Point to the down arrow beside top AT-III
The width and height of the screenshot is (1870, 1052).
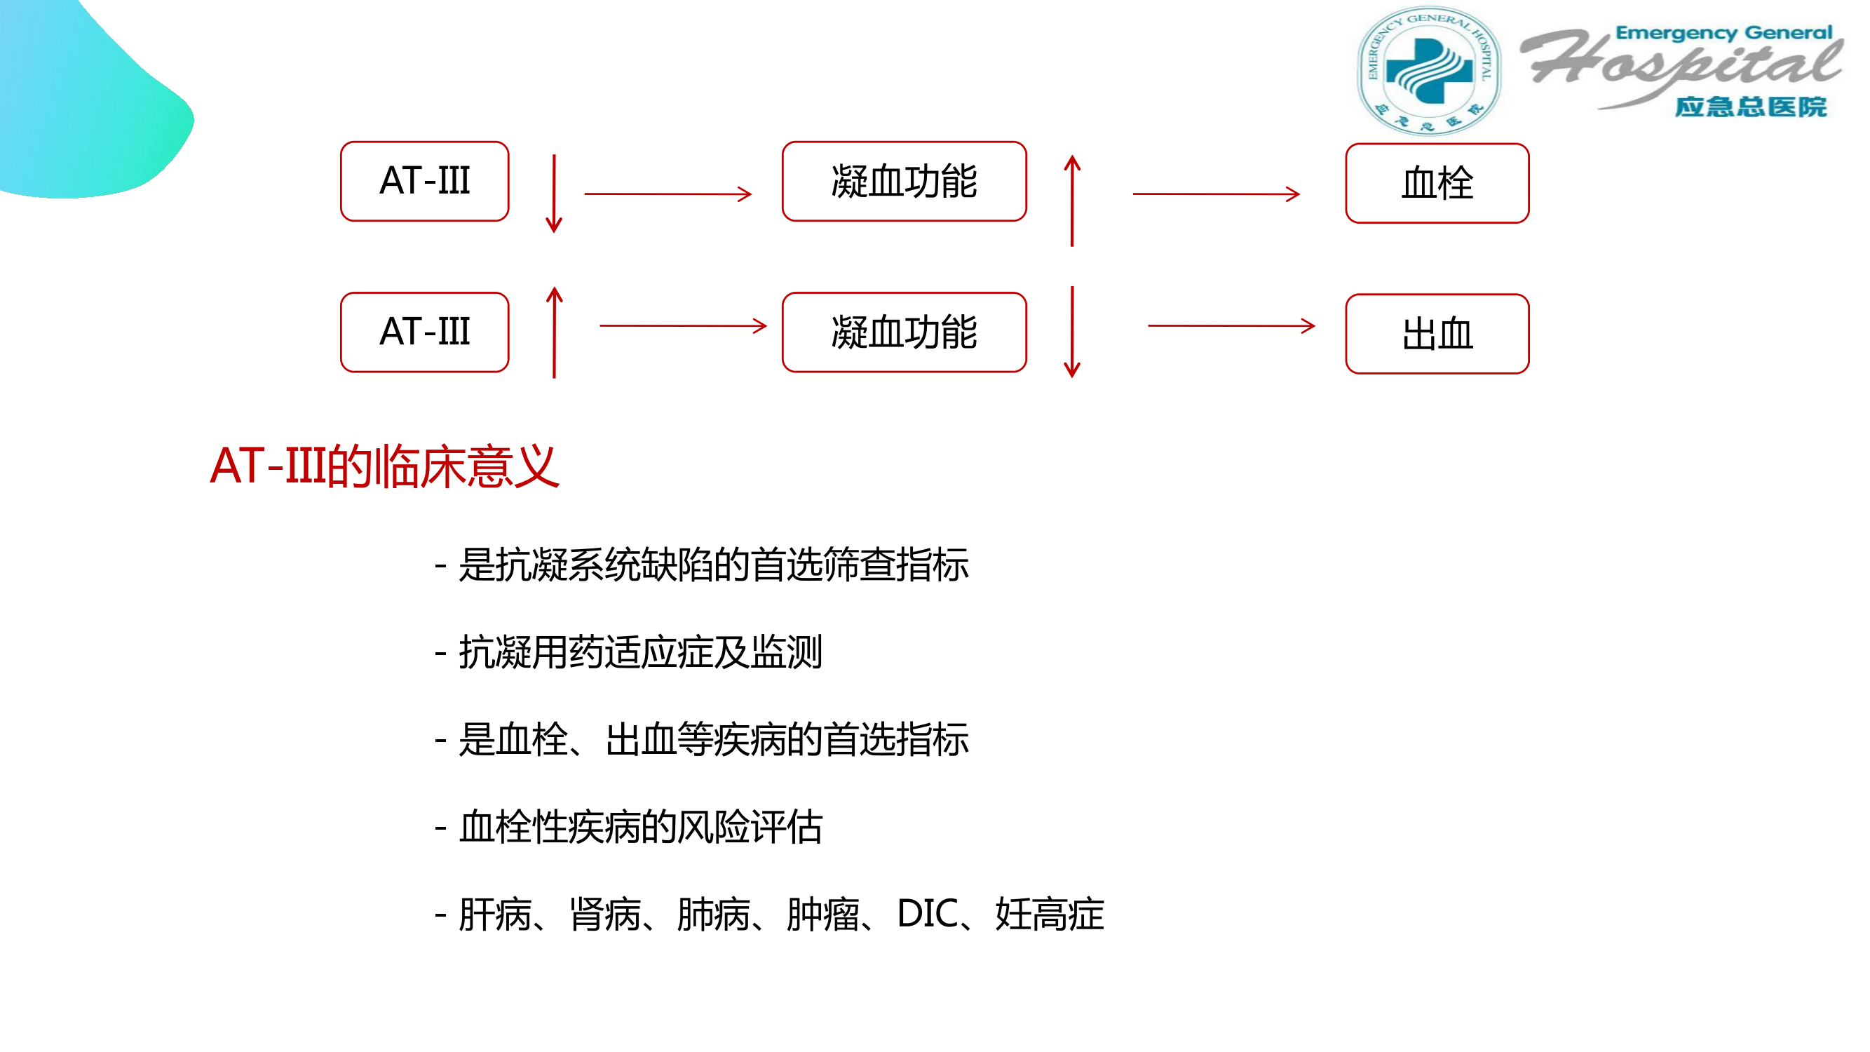tap(554, 193)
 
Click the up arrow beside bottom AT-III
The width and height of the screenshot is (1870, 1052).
tap(555, 332)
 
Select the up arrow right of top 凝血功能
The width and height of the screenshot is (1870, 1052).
tap(1072, 201)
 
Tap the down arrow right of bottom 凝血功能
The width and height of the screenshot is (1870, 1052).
tap(1072, 332)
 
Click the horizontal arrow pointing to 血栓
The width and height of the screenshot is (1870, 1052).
tap(1216, 194)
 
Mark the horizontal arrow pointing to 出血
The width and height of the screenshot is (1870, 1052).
tap(1231, 326)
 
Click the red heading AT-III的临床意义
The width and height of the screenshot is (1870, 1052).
tap(384, 466)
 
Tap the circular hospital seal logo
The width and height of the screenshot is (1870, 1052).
tap(1429, 70)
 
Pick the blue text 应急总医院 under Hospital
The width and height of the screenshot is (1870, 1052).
tap(1750, 107)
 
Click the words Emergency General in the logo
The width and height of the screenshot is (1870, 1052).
tap(1723, 34)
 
